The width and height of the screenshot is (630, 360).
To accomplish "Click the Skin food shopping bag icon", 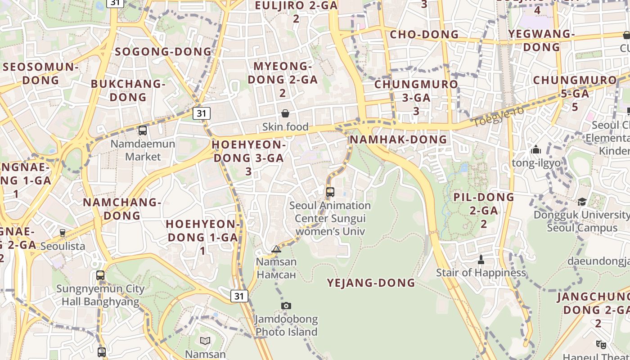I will pos(285,113).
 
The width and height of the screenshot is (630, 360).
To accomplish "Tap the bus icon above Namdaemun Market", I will pos(143,130).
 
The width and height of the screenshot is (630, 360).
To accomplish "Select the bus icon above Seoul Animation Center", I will pos(330,192).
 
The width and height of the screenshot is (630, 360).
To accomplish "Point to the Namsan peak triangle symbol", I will pos(276,249).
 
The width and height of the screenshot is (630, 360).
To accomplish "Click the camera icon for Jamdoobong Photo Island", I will pos(286,306).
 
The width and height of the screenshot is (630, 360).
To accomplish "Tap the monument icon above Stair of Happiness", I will pos(481,260).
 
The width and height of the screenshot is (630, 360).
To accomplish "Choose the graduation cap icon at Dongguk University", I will pos(582,202).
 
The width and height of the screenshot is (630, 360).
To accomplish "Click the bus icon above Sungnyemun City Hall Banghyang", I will pos(100,275).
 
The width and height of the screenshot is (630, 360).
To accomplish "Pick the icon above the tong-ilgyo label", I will pos(536,149).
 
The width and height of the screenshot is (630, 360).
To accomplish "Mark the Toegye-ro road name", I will pos(498,116).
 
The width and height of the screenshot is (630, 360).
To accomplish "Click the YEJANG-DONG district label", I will pos(371,283).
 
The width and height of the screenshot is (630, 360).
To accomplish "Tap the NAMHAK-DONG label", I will pos(398,139).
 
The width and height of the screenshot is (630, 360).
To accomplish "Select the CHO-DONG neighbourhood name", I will pos(424,35).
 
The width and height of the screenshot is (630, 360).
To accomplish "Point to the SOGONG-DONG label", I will pos(163,52).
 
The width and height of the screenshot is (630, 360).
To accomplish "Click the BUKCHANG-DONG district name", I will pos(128,90).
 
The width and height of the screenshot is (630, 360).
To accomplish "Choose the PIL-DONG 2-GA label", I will pos(484,210).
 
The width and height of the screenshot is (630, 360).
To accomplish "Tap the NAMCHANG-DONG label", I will pos(122,209).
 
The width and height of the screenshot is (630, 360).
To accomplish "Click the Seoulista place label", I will pos(63,246).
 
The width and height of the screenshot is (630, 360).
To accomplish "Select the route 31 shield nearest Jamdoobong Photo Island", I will pos(239,296).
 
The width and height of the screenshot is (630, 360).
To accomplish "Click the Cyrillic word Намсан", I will pos(276,274).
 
